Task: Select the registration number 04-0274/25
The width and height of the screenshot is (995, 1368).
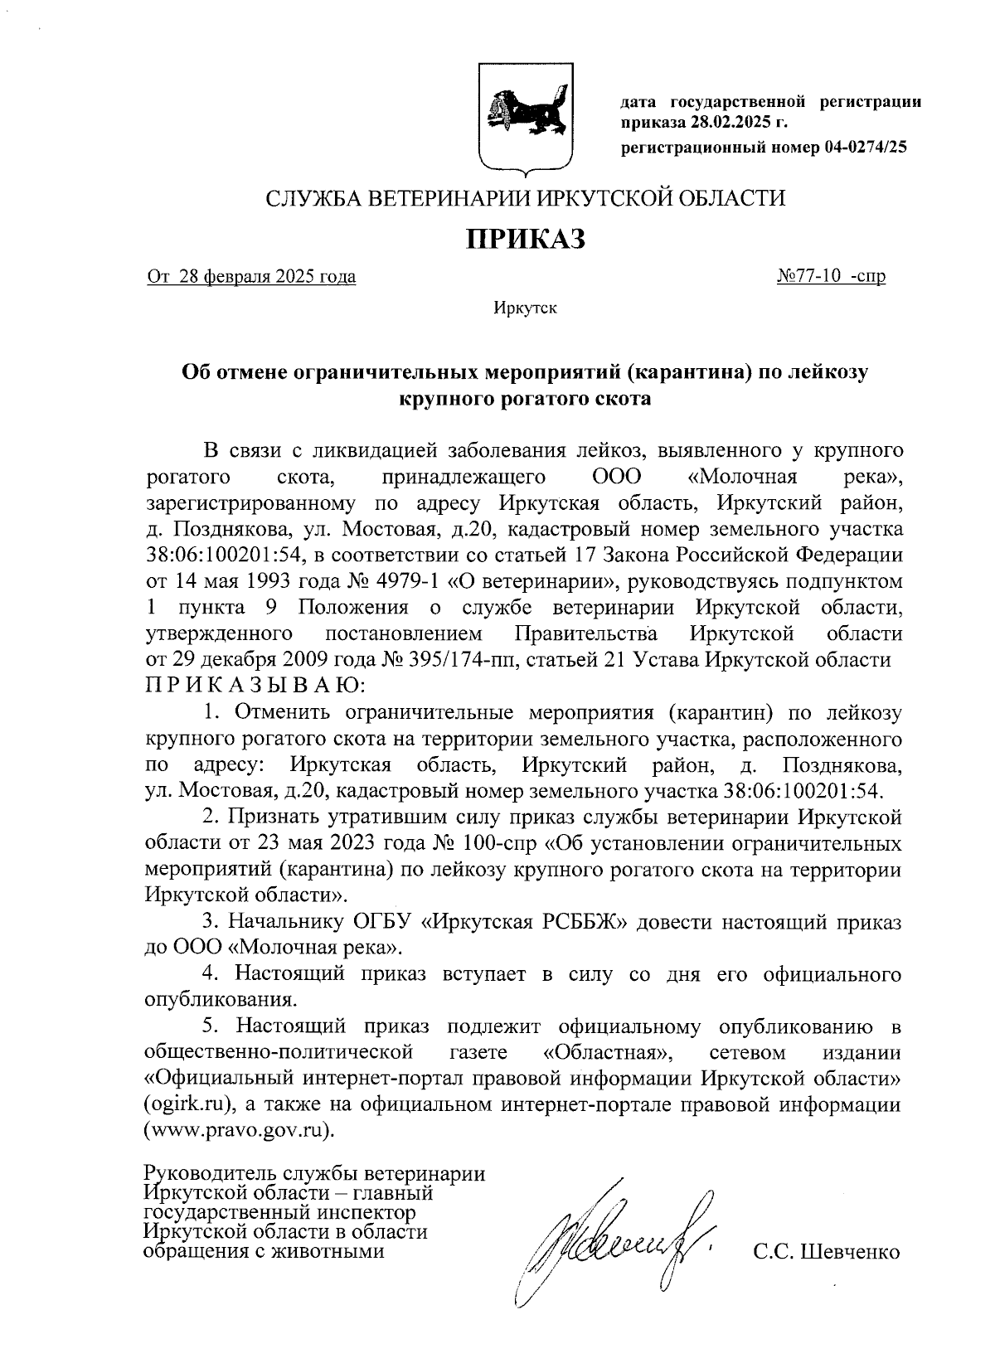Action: (866, 147)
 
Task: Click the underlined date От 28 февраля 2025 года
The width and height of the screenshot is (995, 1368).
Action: (251, 277)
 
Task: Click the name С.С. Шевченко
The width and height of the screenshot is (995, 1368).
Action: (826, 1252)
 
